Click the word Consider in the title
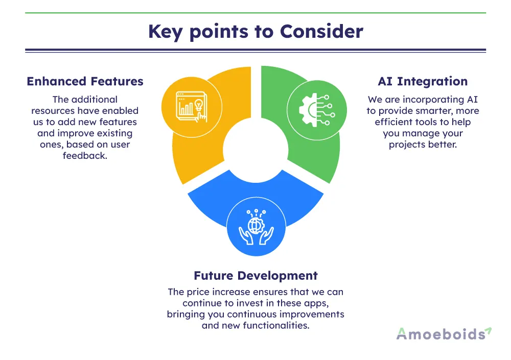click(x=321, y=32)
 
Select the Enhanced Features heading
click(x=85, y=81)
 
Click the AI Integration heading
click(x=423, y=81)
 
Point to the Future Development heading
click(x=255, y=276)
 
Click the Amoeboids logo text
click(x=440, y=334)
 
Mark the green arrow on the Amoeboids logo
click(x=488, y=330)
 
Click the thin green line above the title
click(x=255, y=13)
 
